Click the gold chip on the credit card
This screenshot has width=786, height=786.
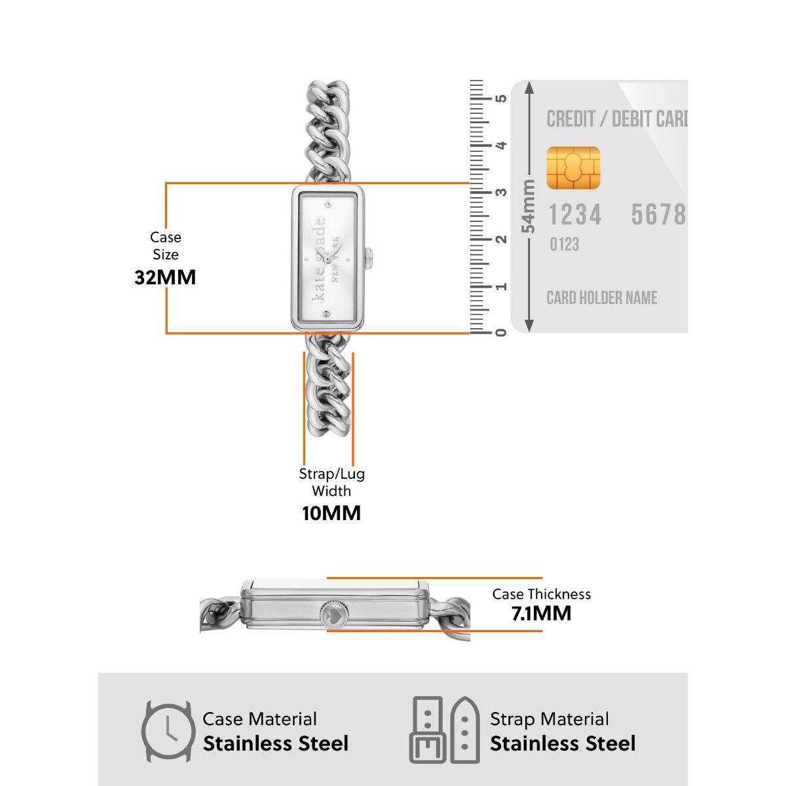[x=573, y=168]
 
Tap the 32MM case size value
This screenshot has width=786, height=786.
[x=165, y=277]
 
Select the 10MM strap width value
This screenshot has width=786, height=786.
[x=331, y=513]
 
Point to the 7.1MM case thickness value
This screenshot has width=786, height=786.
[x=542, y=614]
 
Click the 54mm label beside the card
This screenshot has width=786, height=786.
[x=529, y=206]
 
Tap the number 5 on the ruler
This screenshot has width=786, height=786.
[x=501, y=98]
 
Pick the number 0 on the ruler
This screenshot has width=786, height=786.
[x=501, y=332]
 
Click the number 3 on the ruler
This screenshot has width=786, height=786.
[x=501, y=192]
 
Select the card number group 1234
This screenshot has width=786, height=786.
[x=574, y=215]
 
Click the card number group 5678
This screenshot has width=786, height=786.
[x=658, y=215]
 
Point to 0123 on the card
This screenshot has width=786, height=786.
[x=564, y=245]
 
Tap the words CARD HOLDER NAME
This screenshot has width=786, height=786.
[x=602, y=298]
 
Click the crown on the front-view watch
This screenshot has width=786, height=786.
[x=369, y=257]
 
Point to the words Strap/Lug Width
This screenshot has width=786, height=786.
[x=331, y=482]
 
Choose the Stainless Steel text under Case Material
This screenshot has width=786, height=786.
[x=276, y=744]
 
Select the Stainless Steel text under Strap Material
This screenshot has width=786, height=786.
[x=563, y=744]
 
